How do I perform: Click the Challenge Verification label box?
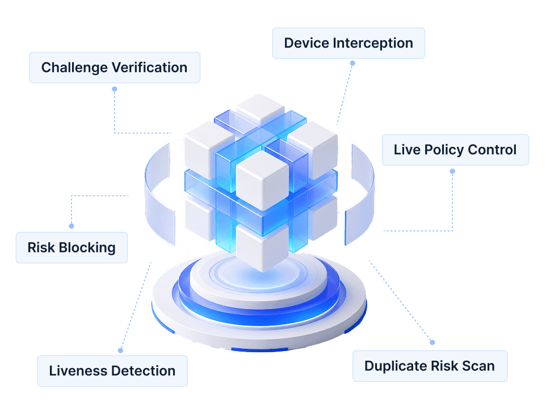(x=115, y=67)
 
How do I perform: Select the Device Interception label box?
(x=348, y=43)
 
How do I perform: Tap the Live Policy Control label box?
(x=455, y=150)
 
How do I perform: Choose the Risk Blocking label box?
(x=72, y=248)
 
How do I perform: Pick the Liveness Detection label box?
(x=112, y=371)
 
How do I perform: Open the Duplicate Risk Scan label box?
(x=430, y=366)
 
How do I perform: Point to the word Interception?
(x=373, y=44)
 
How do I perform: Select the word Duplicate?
(x=396, y=366)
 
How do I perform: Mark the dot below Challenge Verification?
(x=115, y=89)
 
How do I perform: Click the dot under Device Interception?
(x=352, y=63)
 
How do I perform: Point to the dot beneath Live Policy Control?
(x=452, y=171)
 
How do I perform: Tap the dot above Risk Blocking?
(x=72, y=226)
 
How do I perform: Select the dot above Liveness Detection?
(x=120, y=350)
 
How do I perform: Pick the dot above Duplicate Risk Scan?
(x=432, y=343)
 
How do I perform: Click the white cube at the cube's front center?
(x=262, y=180)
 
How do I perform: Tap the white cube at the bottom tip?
(x=262, y=247)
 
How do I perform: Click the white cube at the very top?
(x=260, y=107)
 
